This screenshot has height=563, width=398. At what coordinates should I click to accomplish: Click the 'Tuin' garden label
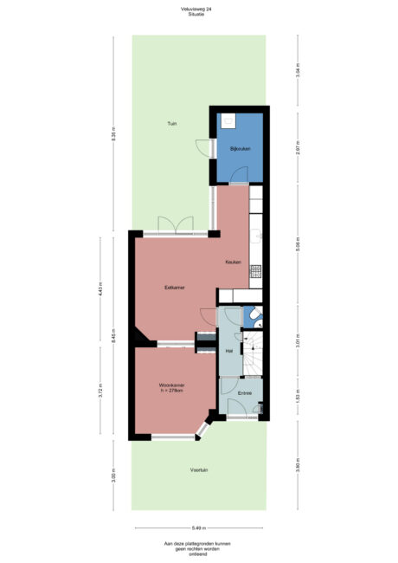click(x=172, y=124)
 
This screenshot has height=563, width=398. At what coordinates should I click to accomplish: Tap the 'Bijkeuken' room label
click(x=240, y=149)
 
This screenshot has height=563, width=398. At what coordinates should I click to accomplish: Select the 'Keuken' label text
click(x=233, y=262)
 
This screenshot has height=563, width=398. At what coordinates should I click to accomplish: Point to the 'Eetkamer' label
click(x=176, y=288)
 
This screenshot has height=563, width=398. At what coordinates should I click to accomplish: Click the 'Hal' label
click(x=229, y=351)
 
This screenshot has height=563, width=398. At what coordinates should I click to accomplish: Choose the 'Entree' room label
click(x=245, y=393)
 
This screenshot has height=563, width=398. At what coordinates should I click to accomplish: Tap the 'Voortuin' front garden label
click(x=199, y=469)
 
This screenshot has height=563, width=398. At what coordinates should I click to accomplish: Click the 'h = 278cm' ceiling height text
click(x=174, y=391)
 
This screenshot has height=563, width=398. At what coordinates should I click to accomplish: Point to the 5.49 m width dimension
click(x=199, y=527)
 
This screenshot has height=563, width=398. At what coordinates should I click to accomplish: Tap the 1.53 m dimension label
click(x=297, y=397)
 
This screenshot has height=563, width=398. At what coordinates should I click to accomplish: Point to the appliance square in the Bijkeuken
click(x=228, y=122)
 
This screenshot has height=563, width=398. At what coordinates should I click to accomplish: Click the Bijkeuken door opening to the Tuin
click(x=205, y=148)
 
